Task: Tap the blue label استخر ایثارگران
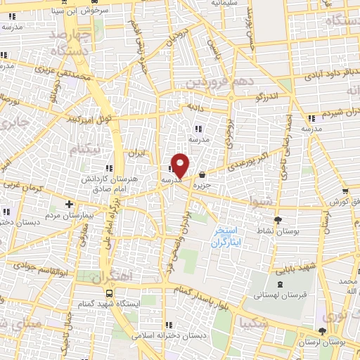226,236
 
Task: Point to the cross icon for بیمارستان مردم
68,204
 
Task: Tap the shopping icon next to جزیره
202,174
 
